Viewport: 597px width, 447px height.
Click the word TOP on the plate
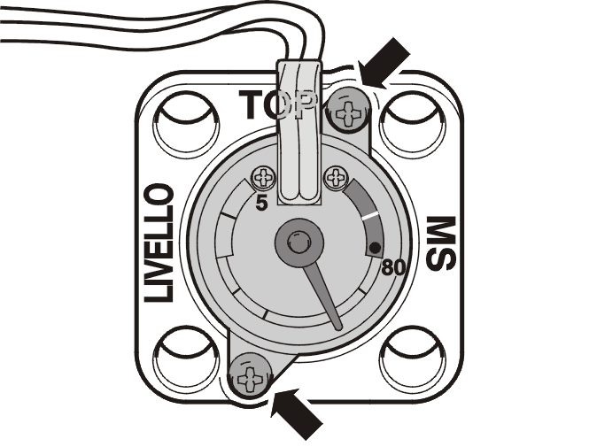click(x=278, y=104)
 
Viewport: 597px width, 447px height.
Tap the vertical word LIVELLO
click(x=159, y=243)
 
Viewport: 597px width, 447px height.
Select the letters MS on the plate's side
click(x=440, y=243)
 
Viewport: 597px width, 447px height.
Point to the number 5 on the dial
click(x=261, y=203)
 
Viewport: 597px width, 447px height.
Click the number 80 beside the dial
click(x=393, y=268)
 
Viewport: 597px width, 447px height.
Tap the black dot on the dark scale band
click(x=375, y=248)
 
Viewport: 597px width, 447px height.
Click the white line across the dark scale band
click(x=371, y=216)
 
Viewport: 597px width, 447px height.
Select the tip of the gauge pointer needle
click(x=338, y=327)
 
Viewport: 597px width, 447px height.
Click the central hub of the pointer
click(x=299, y=243)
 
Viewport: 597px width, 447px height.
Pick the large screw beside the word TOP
click(x=347, y=112)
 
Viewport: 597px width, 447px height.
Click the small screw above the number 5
click(x=264, y=177)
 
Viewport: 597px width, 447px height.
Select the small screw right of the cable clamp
click(x=336, y=177)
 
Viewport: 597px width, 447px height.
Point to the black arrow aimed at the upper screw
click(x=384, y=65)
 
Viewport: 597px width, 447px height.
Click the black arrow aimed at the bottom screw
click(x=296, y=413)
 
